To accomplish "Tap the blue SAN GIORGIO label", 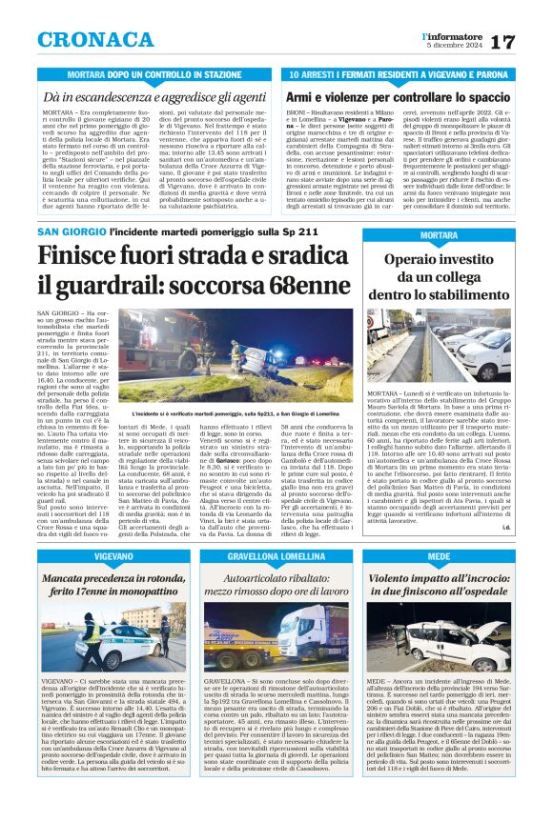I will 71,231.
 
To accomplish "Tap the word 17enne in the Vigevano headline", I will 99,591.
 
